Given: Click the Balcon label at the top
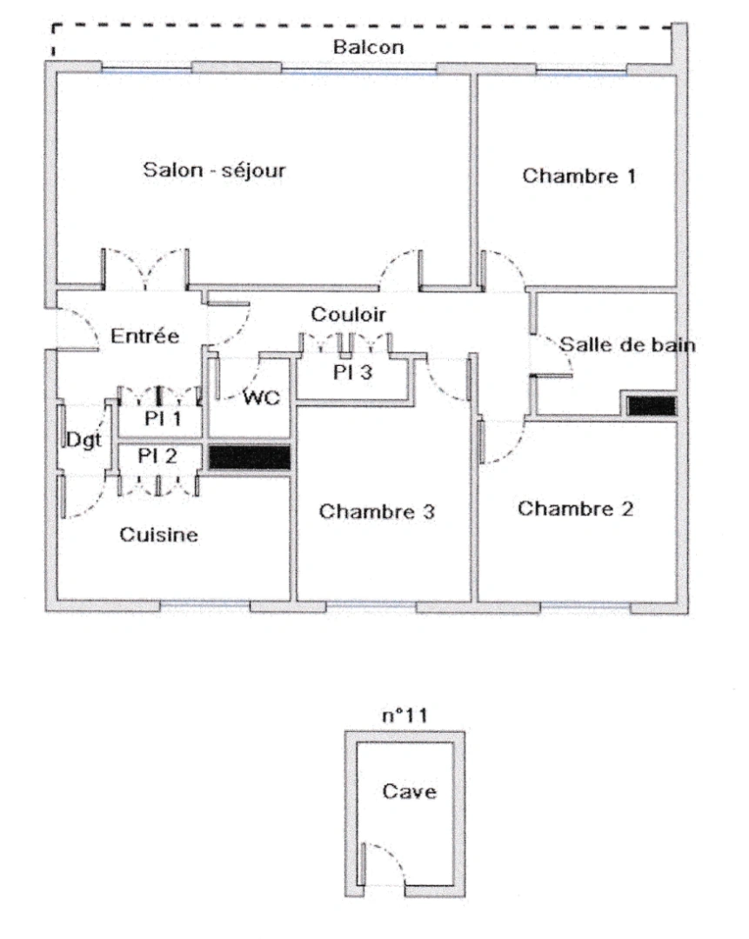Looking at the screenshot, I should pos(369,48).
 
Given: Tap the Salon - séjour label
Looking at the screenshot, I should pos(214,170).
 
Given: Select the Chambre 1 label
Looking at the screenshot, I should pos(578,176).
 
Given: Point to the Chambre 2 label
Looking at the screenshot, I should pos(576,508).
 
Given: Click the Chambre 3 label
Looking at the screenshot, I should pos(377,511).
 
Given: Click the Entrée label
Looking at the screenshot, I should pos(145,336).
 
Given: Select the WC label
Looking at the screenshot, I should pos(260,398).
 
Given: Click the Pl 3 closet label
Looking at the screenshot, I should pos(353,372).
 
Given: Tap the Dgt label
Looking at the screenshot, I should pos(84,440).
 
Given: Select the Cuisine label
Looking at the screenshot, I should pos(158,535).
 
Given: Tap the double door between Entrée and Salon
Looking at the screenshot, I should pos(144,270).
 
